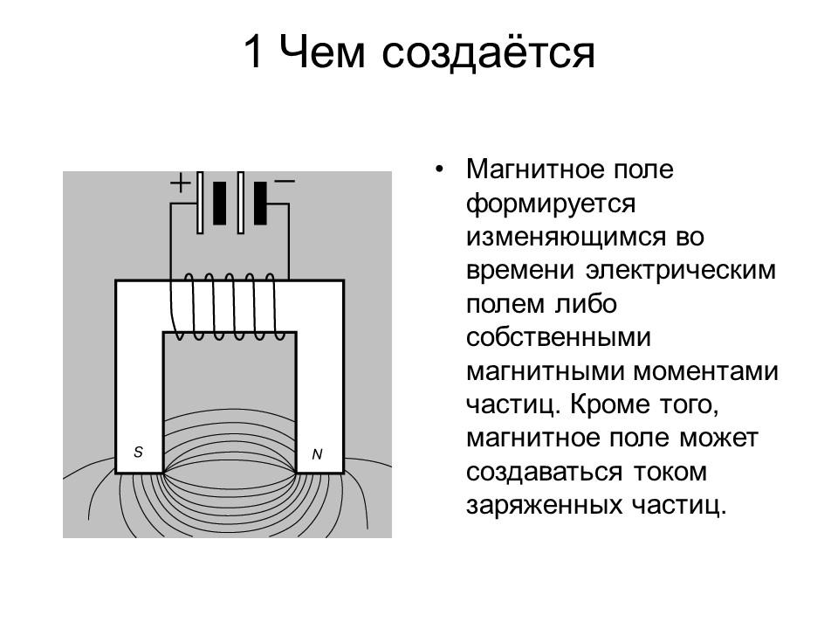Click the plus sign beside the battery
click(179, 183)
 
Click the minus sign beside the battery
click(285, 181)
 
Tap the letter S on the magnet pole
click(138, 452)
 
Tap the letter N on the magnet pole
click(317, 454)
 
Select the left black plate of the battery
click(219, 203)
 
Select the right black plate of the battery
click(260, 203)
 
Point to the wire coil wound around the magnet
click(227, 306)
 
